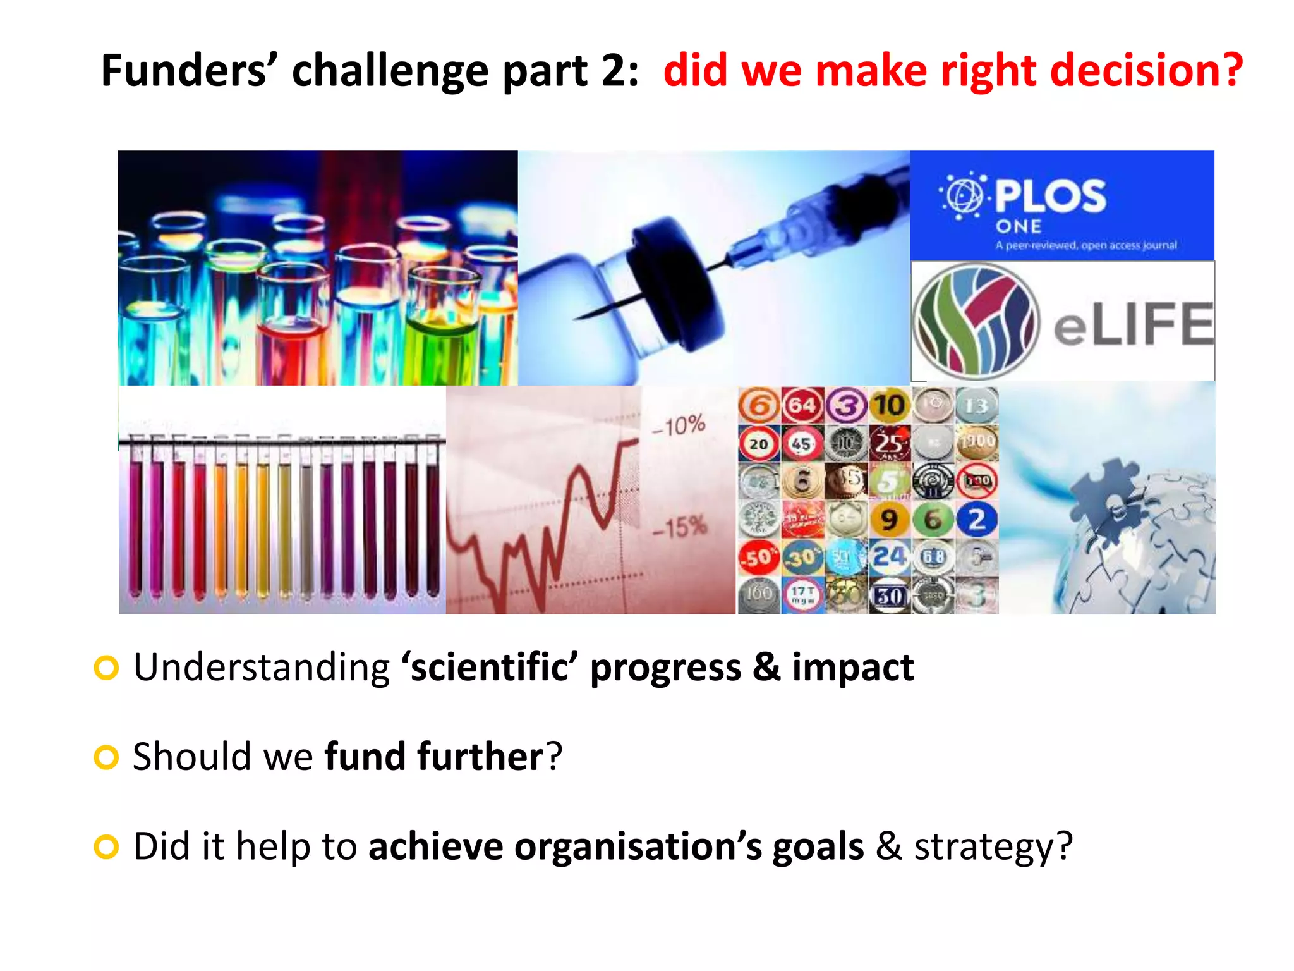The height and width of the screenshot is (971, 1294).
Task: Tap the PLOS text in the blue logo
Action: coord(1050,195)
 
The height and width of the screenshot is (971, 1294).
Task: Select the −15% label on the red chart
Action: coord(679,527)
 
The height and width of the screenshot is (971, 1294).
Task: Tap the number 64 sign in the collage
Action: coord(802,405)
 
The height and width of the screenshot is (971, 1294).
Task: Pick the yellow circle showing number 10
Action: coord(889,405)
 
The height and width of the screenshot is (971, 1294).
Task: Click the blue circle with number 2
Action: coord(976,520)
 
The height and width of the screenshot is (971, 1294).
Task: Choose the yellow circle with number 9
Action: coord(889,520)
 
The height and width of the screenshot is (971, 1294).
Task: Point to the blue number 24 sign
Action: coord(889,557)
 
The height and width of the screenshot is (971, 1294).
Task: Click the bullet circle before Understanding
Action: coord(106,668)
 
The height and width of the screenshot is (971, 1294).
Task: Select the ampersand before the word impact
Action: coord(766,668)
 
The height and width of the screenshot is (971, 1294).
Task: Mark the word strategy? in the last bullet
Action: coord(993,846)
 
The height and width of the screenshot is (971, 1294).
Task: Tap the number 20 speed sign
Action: coord(758,444)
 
